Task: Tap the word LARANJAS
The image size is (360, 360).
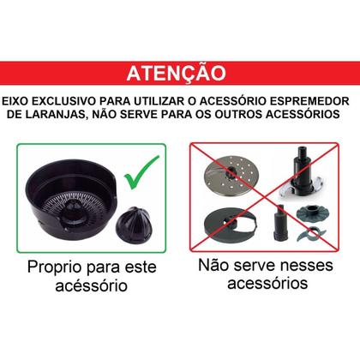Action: point(71,113)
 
